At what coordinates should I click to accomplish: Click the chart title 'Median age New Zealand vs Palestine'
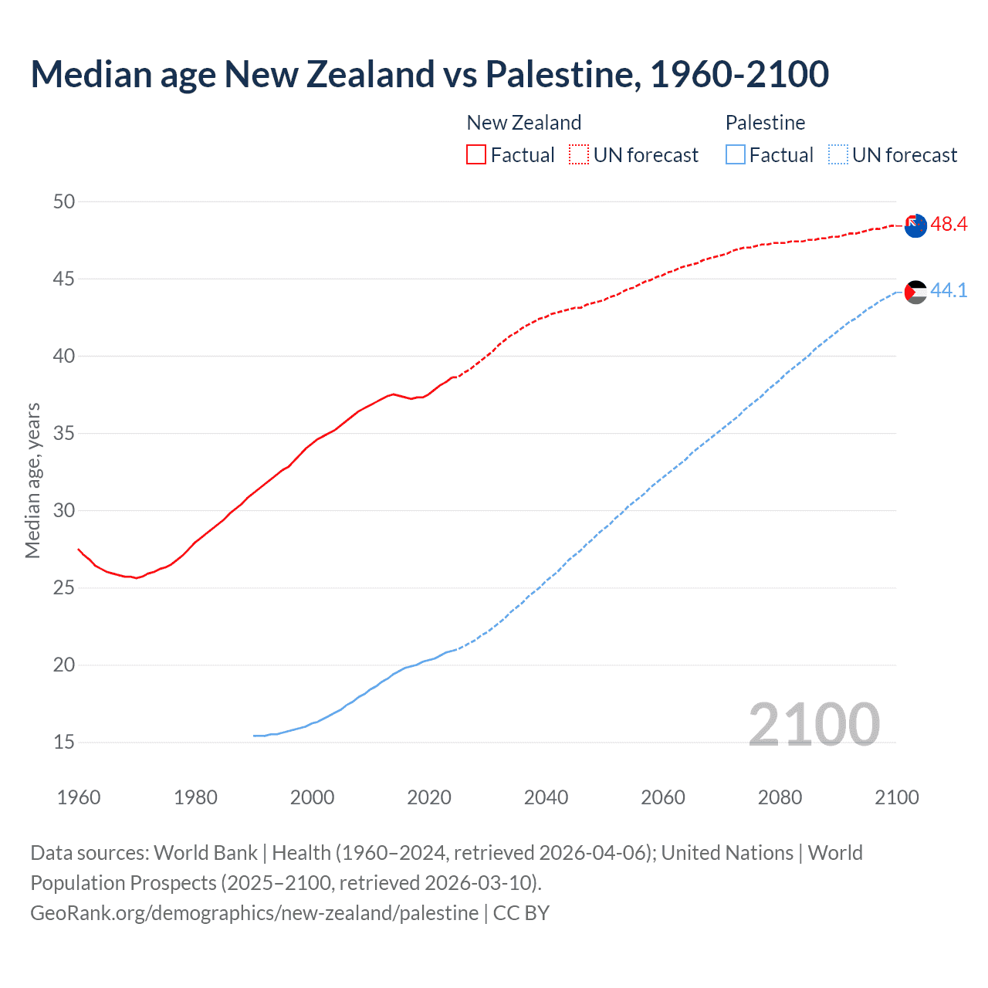pos(429,74)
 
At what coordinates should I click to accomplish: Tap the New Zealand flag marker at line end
pos(915,226)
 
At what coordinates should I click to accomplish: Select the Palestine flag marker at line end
pos(915,292)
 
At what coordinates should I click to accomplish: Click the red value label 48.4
pos(949,225)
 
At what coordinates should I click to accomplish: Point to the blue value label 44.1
pos(949,291)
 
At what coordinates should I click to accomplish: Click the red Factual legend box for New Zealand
pos(476,155)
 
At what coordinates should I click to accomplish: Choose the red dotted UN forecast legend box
pos(579,155)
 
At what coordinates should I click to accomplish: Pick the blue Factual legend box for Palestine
pos(736,155)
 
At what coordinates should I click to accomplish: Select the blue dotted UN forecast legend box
pos(838,155)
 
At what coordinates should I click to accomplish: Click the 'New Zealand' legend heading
pos(523,123)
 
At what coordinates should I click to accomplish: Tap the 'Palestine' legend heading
pos(765,123)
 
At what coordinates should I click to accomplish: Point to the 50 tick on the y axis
pos(64,202)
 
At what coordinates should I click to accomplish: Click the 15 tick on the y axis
pos(64,743)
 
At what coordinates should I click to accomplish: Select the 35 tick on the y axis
pos(64,434)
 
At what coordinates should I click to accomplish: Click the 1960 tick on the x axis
pos(79,797)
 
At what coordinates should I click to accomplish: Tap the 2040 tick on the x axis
pos(546,797)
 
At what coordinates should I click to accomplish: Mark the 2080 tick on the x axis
pos(780,797)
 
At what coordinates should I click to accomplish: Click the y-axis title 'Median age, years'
pos(32,480)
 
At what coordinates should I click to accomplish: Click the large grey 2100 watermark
pos(814,725)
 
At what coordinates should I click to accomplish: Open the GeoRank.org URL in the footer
pos(254,913)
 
